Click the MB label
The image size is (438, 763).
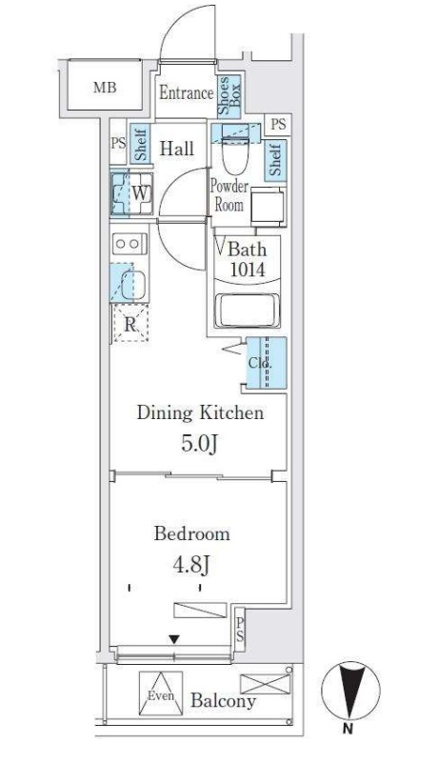pyautogui.click(x=104, y=89)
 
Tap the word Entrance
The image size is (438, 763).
pyautogui.click(x=185, y=93)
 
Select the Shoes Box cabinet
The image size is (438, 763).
pyautogui.click(x=230, y=97)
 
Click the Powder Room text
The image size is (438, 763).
pyautogui.click(x=229, y=195)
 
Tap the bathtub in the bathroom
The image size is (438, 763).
pyautogui.click(x=249, y=311)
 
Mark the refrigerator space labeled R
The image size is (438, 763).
pyautogui.click(x=129, y=325)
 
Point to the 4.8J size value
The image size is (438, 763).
pyautogui.click(x=191, y=566)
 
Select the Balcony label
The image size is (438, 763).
pyautogui.click(x=223, y=702)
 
